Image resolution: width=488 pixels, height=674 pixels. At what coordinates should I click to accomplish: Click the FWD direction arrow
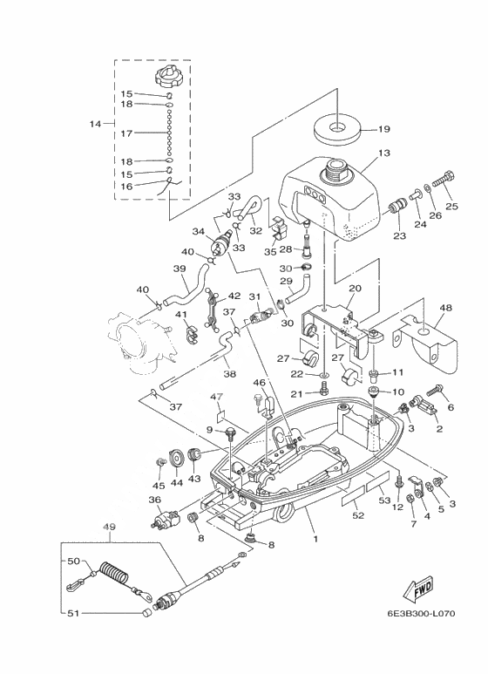pyautogui.click(x=418, y=588)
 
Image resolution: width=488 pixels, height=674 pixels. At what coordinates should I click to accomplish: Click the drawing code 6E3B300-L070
pyautogui.click(x=421, y=613)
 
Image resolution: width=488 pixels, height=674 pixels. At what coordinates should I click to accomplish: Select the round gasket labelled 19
pyautogui.click(x=337, y=129)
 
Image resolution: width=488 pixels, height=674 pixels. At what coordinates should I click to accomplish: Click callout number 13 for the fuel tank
pyautogui.click(x=383, y=153)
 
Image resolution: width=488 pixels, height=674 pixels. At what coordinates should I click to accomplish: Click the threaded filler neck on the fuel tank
pyautogui.click(x=336, y=169)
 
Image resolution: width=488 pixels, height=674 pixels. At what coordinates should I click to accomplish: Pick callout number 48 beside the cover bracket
pyautogui.click(x=445, y=308)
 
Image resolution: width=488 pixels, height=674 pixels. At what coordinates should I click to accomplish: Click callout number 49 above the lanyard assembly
pyautogui.click(x=111, y=527)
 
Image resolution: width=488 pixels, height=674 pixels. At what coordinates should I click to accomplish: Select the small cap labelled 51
pyautogui.click(x=146, y=613)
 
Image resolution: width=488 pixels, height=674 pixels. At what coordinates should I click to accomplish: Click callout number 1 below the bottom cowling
pyautogui.click(x=315, y=539)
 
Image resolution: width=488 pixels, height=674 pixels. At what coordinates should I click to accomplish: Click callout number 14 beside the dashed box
pyautogui.click(x=95, y=124)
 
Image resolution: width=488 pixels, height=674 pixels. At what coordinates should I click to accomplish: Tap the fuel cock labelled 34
pyautogui.click(x=220, y=243)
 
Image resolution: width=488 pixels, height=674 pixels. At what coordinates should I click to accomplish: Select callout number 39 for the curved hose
pyautogui.click(x=180, y=269)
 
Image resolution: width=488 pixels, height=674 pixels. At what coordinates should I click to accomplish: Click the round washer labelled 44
pyautogui.click(x=176, y=459)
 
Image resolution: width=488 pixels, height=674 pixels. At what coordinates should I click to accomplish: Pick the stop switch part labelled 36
pyautogui.click(x=165, y=517)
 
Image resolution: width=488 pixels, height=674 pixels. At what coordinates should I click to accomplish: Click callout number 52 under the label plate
pyautogui.click(x=358, y=515)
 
